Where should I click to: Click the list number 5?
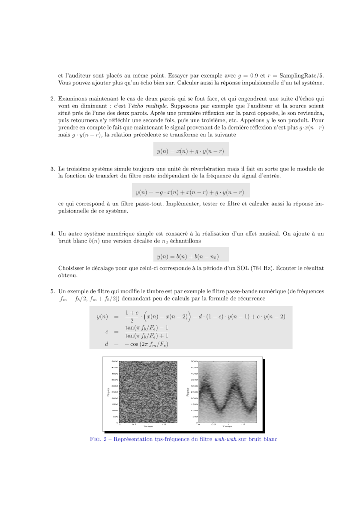(x=52, y=291)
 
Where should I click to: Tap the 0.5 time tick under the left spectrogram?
(x=134, y=424)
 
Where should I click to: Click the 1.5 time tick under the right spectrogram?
(x=243, y=424)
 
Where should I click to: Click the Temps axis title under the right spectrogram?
(x=227, y=427)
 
